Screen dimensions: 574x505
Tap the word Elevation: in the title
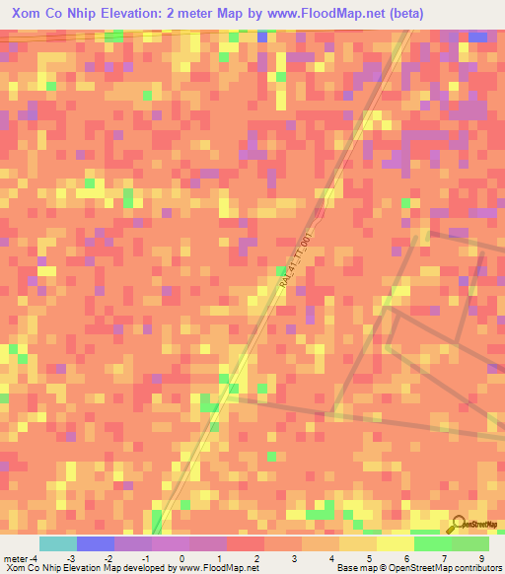tap(157, 15)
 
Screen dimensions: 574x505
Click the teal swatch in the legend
tap(57, 543)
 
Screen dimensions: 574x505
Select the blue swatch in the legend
tap(95, 543)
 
